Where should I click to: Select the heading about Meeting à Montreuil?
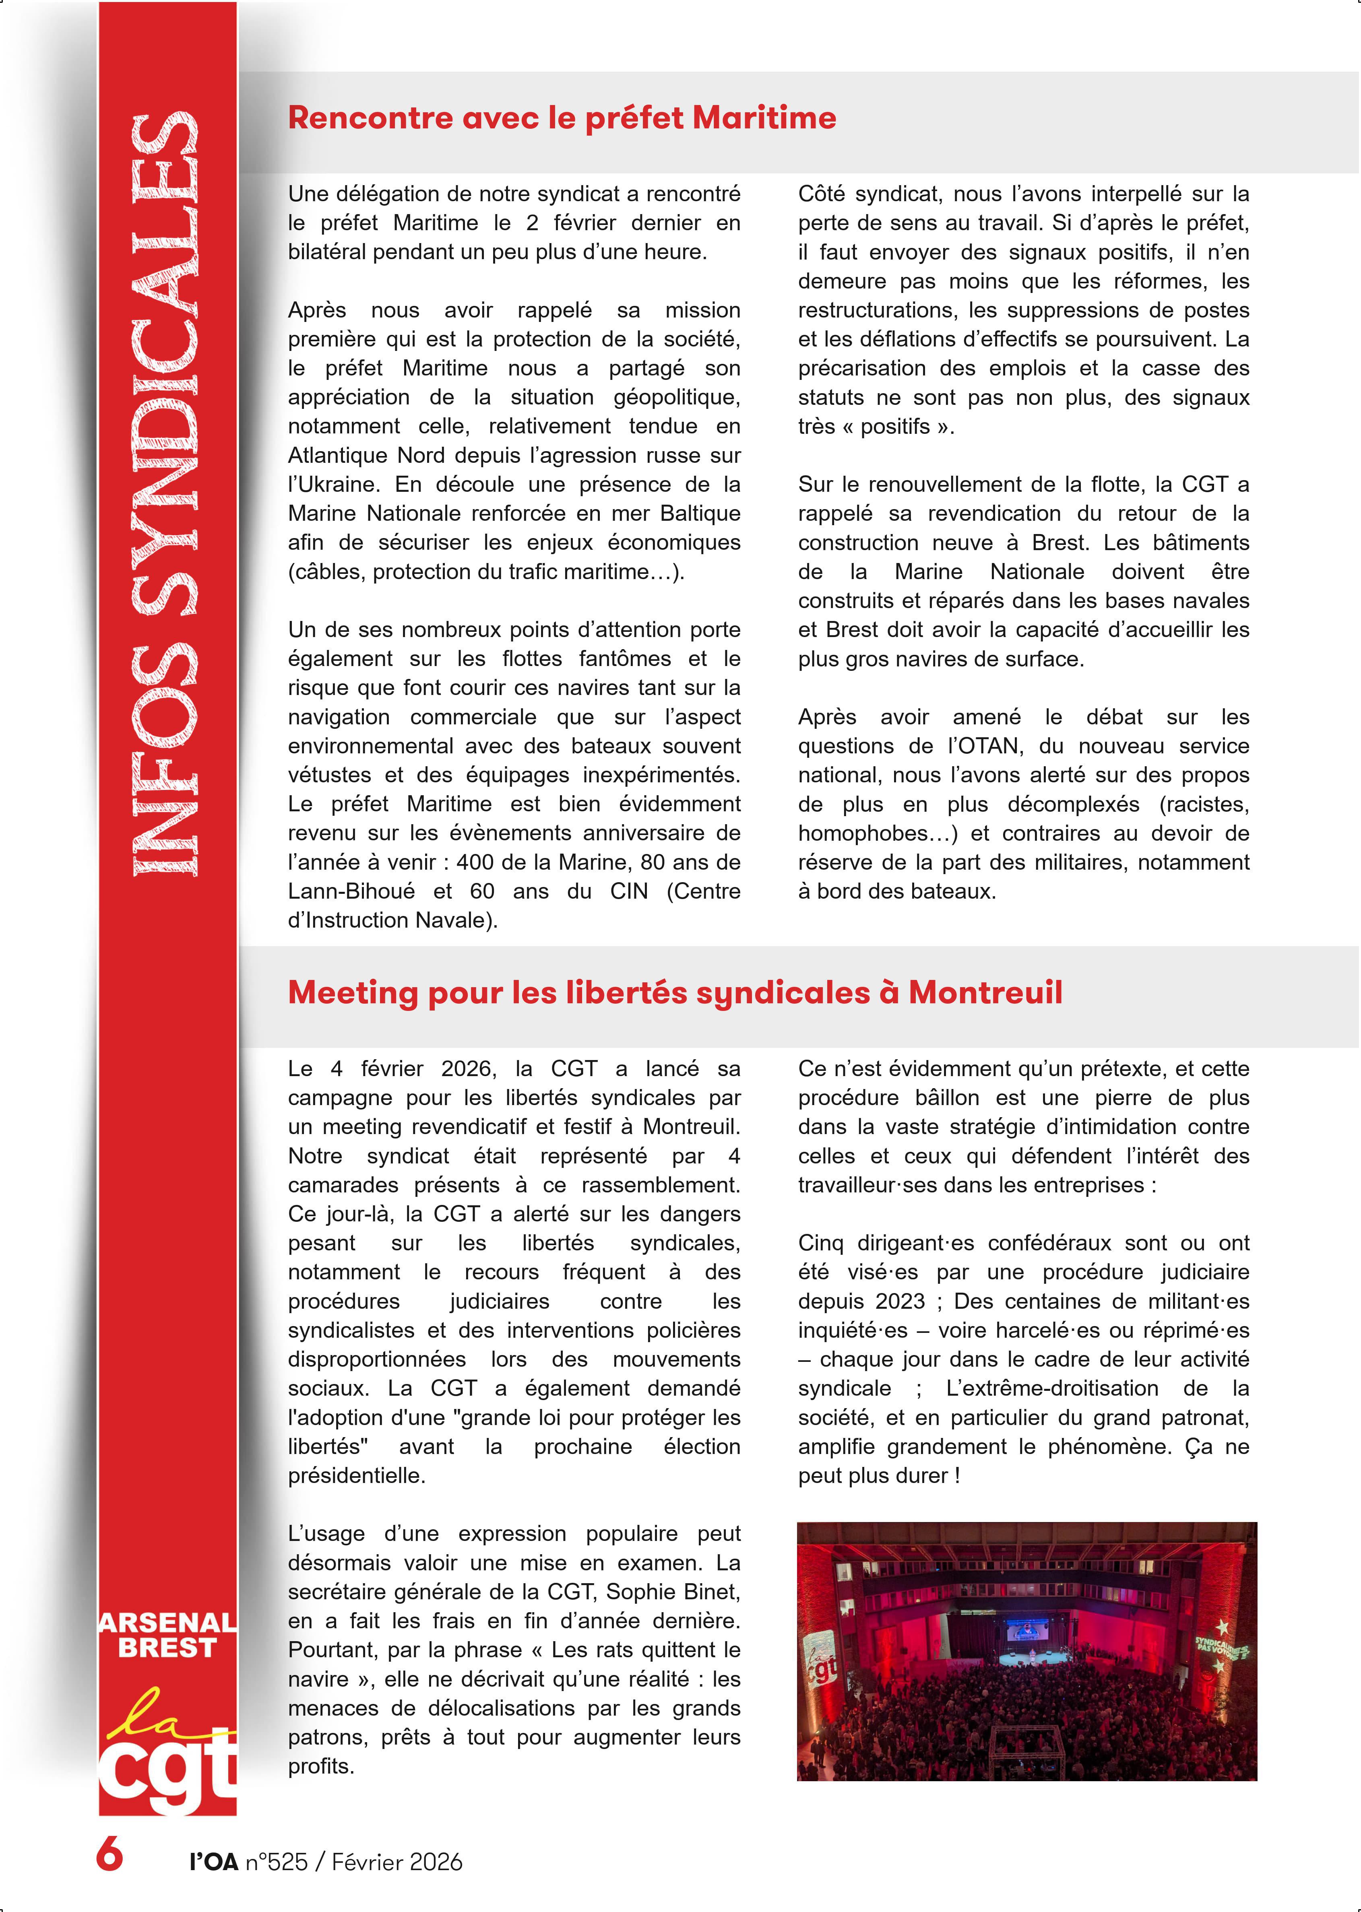click(x=675, y=993)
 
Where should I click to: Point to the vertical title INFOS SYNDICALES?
click(x=165, y=494)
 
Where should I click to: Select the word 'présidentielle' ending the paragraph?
click(x=356, y=1475)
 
